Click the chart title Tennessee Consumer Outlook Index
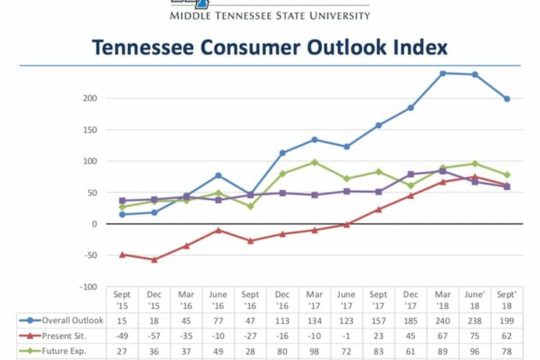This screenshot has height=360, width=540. [269, 48]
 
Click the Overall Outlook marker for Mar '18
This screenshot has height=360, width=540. [443, 73]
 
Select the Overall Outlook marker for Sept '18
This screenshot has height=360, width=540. [507, 99]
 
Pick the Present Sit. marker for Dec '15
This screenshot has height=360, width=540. [154, 259]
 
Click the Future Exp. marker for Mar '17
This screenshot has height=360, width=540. [315, 162]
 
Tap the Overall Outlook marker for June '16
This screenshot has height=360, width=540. [218, 175]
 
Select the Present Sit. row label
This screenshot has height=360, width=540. [69, 336]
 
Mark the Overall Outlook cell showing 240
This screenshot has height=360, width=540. [443, 320]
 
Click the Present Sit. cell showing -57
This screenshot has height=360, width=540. [154, 336]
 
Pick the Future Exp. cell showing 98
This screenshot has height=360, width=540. [315, 351]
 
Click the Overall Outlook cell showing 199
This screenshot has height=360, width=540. [507, 320]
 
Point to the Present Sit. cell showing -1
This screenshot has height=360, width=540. [346, 336]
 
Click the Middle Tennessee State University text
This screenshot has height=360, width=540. [269, 14]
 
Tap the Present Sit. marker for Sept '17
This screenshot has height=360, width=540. [379, 210]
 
